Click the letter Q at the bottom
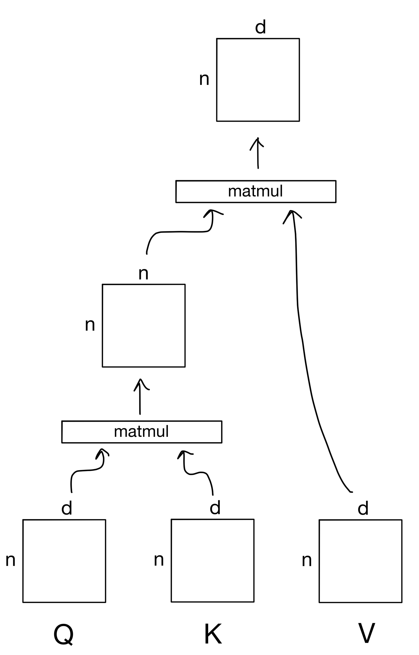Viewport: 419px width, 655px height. pyautogui.click(x=63, y=634)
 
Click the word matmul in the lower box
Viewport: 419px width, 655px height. pyautogui.click(x=141, y=432)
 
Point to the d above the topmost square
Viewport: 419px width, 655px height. pyautogui.click(x=260, y=27)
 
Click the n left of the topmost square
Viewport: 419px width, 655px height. pyautogui.click(x=204, y=79)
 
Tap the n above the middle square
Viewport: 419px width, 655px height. pyautogui.click(x=144, y=273)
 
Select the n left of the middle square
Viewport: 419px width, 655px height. pyautogui.click(x=90, y=325)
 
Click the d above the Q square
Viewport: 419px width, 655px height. pyautogui.click(x=67, y=508)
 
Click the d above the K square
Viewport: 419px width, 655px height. pyautogui.click(x=215, y=507)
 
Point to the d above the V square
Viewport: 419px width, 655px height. pyautogui.click(x=363, y=508)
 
